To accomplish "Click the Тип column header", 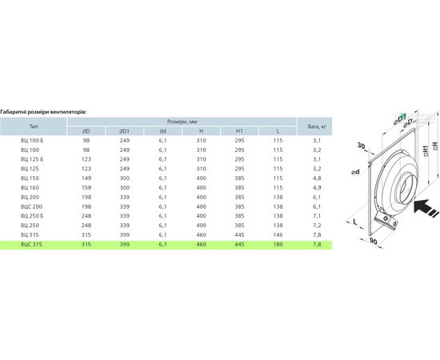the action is (34, 126).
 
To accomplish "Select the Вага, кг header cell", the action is (317, 126).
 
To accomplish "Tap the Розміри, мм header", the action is (182, 122).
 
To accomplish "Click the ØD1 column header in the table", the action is (124, 131).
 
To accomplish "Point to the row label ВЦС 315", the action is (31, 244).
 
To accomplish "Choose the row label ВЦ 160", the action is (30, 188).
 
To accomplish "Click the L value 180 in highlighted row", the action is (278, 244).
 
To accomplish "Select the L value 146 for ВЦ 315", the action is (278, 235).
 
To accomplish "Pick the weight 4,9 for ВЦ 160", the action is (317, 188).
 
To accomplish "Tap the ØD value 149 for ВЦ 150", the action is (86, 178).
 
